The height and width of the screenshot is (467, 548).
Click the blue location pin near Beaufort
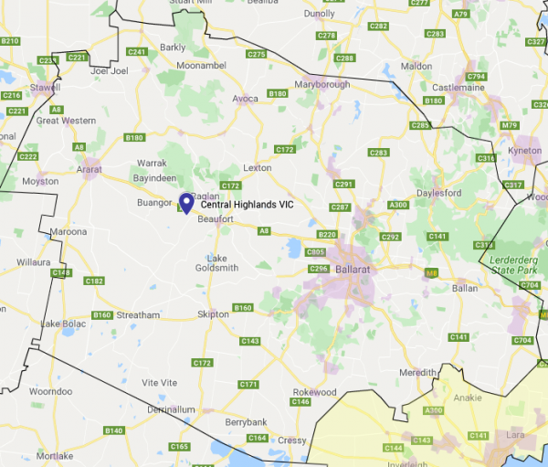click(x=186, y=203)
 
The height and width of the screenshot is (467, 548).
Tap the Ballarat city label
click(x=353, y=271)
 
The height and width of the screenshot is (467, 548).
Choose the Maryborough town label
click(x=322, y=86)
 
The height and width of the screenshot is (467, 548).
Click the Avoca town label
click(x=245, y=98)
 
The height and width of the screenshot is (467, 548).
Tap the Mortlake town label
click(x=56, y=455)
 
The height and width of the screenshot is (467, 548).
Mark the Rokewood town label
click(x=314, y=392)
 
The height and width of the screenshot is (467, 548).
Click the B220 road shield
click(x=328, y=236)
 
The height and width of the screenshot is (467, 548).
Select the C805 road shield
click(x=316, y=251)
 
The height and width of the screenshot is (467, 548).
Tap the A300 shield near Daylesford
click(x=398, y=206)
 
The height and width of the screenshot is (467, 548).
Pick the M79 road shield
click(x=509, y=125)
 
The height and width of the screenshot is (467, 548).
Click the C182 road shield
click(x=94, y=281)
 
